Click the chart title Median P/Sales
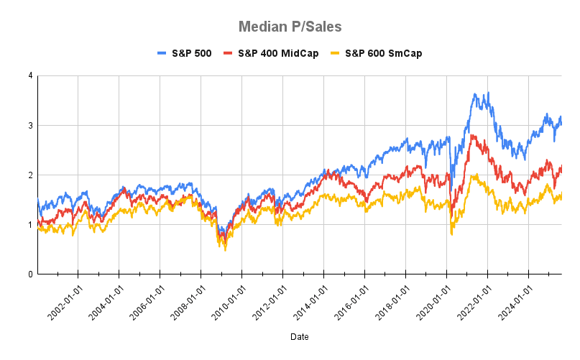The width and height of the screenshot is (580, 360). tap(290, 27)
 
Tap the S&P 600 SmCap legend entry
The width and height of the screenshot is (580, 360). tap(375, 53)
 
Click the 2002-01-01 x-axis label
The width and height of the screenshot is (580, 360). tap(65, 299)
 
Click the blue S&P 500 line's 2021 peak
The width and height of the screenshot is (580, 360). tap(474, 94)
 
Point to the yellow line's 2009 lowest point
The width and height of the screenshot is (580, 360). tap(225, 249)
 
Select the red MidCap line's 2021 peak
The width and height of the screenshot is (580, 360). tap(472, 135)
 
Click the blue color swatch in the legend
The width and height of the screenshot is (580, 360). tap(162, 53)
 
